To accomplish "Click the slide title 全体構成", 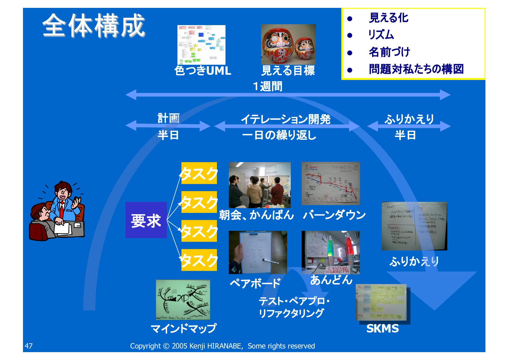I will [x=94, y=26].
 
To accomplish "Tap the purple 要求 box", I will [x=146, y=220].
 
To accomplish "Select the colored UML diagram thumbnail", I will [x=201, y=44].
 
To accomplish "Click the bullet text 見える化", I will [x=388, y=18].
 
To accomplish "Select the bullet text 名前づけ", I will [x=389, y=52].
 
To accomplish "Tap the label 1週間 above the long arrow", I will [x=267, y=87].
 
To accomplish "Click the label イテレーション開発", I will [x=286, y=119].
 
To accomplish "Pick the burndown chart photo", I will [x=331, y=183].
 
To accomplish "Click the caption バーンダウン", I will [x=334, y=215].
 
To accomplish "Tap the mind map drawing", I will [x=183, y=299].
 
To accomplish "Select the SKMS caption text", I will [x=382, y=329].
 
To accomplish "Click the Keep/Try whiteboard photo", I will [x=414, y=226].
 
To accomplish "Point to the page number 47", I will [x=29, y=346].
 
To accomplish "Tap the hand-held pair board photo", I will [x=258, y=252].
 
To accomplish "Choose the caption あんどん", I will [x=331, y=280].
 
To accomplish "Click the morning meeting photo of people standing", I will [x=260, y=185].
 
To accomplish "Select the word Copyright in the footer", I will [x=145, y=346].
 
